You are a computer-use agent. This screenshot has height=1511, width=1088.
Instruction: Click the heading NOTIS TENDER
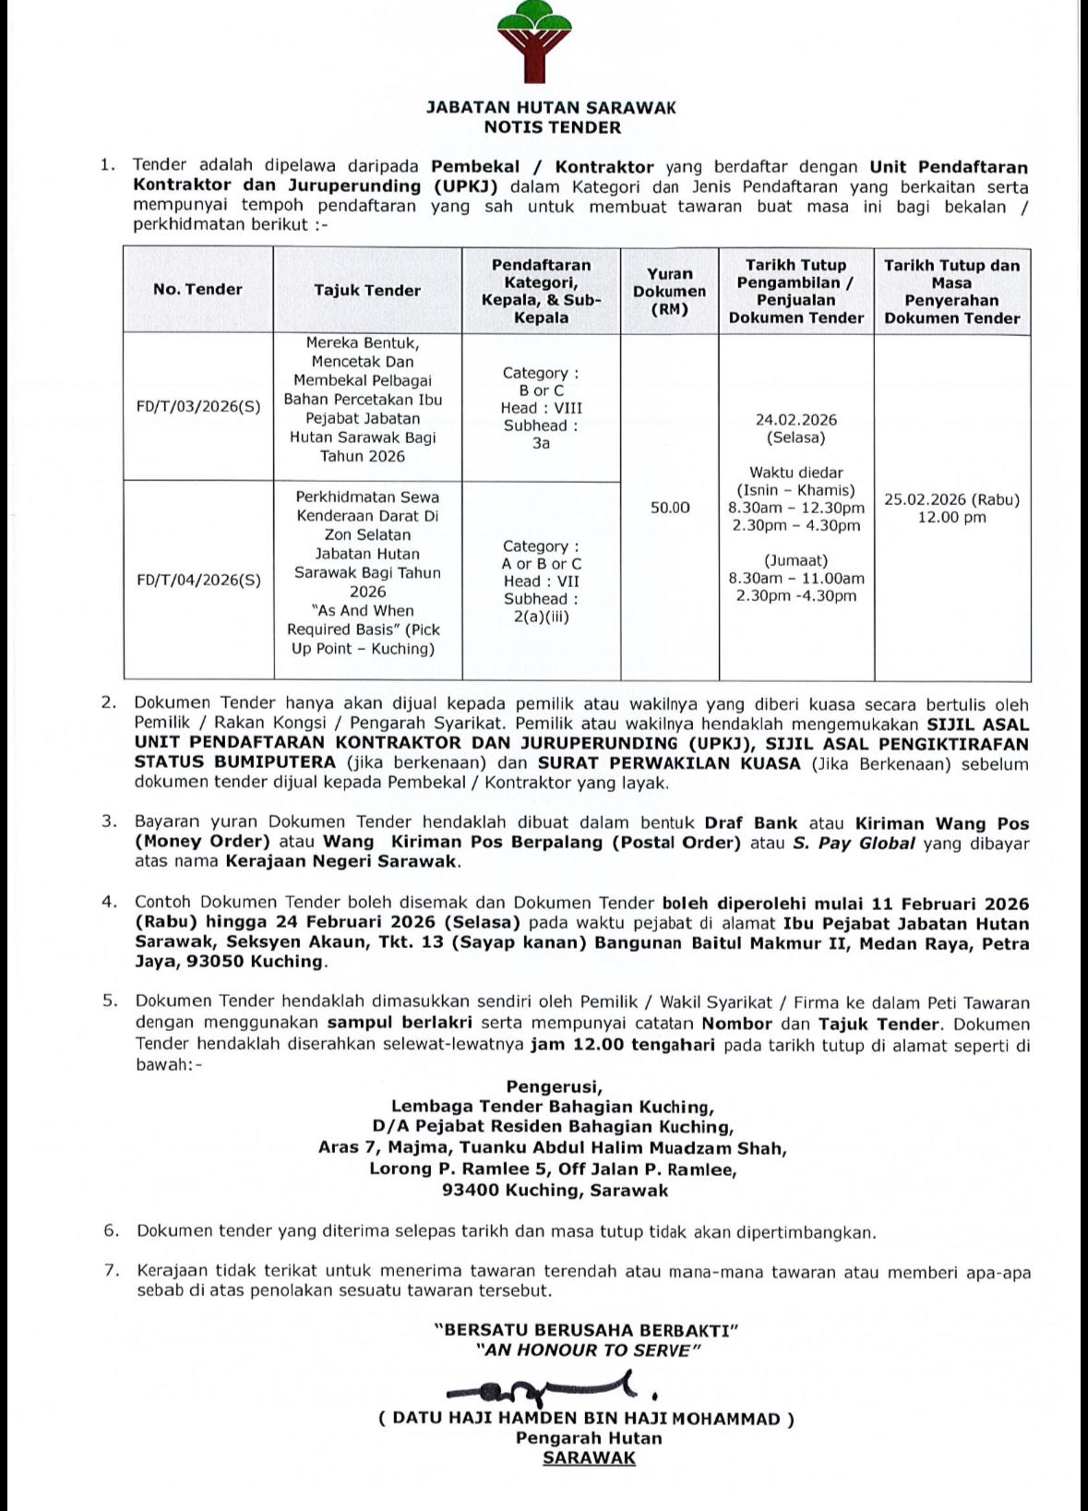click(x=552, y=127)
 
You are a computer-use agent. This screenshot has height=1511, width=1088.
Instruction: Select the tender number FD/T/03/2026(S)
click(x=198, y=406)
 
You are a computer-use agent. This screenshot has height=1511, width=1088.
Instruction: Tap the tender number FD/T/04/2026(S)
click(x=198, y=580)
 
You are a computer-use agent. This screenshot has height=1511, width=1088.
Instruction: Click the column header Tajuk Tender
click(x=367, y=290)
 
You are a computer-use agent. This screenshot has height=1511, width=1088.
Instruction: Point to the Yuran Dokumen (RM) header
click(x=669, y=291)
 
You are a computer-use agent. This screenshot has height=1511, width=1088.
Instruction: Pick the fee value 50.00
click(x=670, y=508)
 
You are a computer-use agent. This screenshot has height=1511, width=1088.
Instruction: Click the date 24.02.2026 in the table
click(x=795, y=420)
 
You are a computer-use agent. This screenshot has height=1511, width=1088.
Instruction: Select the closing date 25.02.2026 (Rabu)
click(x=951, y=499)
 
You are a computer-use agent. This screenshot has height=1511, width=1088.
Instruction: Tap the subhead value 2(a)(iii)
click(x=541, y=617)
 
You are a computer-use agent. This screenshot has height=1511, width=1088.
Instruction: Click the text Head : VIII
click(x=541, y=408)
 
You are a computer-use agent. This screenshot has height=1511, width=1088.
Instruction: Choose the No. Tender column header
click(x=197, y=289)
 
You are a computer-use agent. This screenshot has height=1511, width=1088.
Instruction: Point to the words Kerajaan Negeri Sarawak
click(x=341, y=861)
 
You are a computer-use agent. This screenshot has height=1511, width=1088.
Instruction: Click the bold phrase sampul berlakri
click(x=400, y=1023)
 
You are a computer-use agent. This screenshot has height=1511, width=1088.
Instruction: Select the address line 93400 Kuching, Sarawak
click(x=555, y=1190)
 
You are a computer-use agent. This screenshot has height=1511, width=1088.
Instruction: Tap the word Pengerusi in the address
click(x=554, y=1086)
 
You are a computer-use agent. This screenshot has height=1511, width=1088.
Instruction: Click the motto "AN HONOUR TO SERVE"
click(x=588, y=1350)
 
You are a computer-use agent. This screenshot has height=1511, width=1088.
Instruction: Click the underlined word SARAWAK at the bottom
click(x=589, y=1457)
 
